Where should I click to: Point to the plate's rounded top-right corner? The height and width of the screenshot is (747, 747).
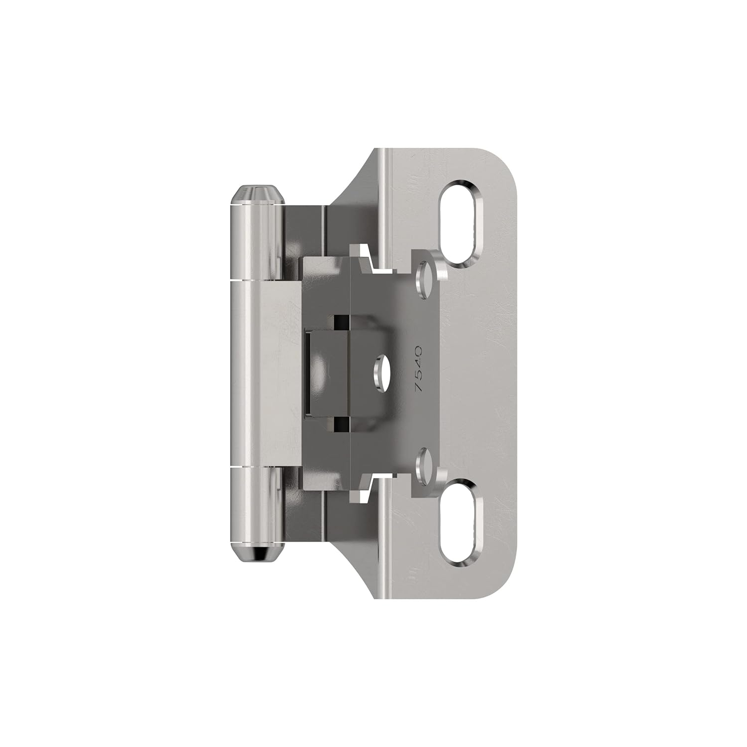[x=503, y=164]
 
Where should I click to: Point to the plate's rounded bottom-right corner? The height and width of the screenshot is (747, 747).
[x=503, y=583]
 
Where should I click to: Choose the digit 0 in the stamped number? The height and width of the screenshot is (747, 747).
[x=418, y=350]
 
